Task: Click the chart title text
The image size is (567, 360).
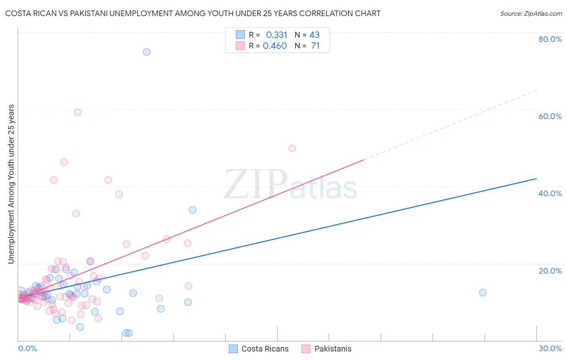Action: click(193, 13)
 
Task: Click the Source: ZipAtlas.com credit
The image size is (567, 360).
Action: click(531, 13)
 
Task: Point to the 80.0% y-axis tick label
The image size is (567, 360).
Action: click(550, 39)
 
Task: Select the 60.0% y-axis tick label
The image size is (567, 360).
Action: click(550, 116)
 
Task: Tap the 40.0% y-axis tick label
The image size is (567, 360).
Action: click(550, 193)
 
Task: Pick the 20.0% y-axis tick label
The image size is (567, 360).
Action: click(550, 271)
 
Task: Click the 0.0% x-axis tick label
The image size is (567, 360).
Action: click(27, 348)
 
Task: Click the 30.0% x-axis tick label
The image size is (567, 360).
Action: click(550, 348)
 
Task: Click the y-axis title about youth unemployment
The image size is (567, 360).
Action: click(11, 184)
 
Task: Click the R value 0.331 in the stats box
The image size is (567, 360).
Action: click(276, 35)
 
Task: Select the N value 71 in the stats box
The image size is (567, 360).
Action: click(315, 46)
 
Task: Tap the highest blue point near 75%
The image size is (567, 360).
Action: click(147, 52)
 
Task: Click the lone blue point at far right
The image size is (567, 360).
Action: click(483, 293)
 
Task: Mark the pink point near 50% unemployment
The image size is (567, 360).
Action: click(292, 148)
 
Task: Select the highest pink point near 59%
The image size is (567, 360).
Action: click(77, 113)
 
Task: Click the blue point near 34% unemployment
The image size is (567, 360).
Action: click(193, 210)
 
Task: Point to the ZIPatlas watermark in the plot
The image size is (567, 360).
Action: click(290, 184)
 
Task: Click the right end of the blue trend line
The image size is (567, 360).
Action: click(536, 178)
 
